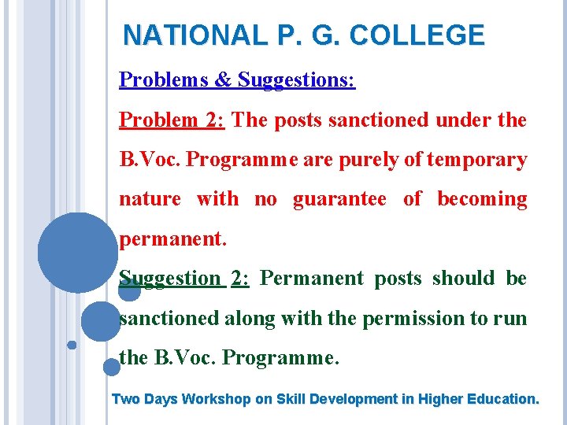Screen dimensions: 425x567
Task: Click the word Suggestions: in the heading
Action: pyautogui.click(x=297, y=80)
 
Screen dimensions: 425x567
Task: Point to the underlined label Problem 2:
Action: pyautogui.click(x=172, y=120)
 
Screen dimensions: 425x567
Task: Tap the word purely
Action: pyautogui.click(x=369, y=160)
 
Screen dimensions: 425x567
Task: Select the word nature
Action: pyautogui.click(x=150, y=199)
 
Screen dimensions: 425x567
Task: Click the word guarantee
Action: pyautogui.click(x=339, y=199)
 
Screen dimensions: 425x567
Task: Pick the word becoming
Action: pyautogui.click(x=482, y=199)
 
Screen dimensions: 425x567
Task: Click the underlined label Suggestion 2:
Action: pyautogui.click(x=184, y=279)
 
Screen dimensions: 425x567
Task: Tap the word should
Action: pyautogui.click(x=463, y=279)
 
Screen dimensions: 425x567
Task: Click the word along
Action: pyautogui.click(x=250, y=318)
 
